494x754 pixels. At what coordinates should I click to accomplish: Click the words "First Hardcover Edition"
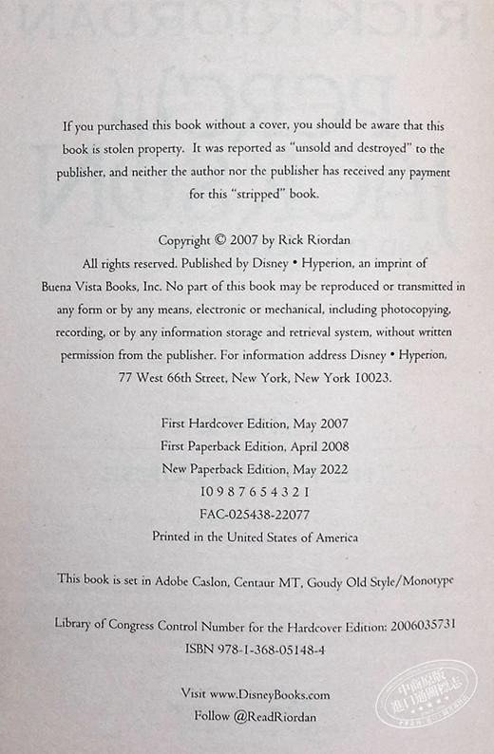(x=209, y=423)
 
